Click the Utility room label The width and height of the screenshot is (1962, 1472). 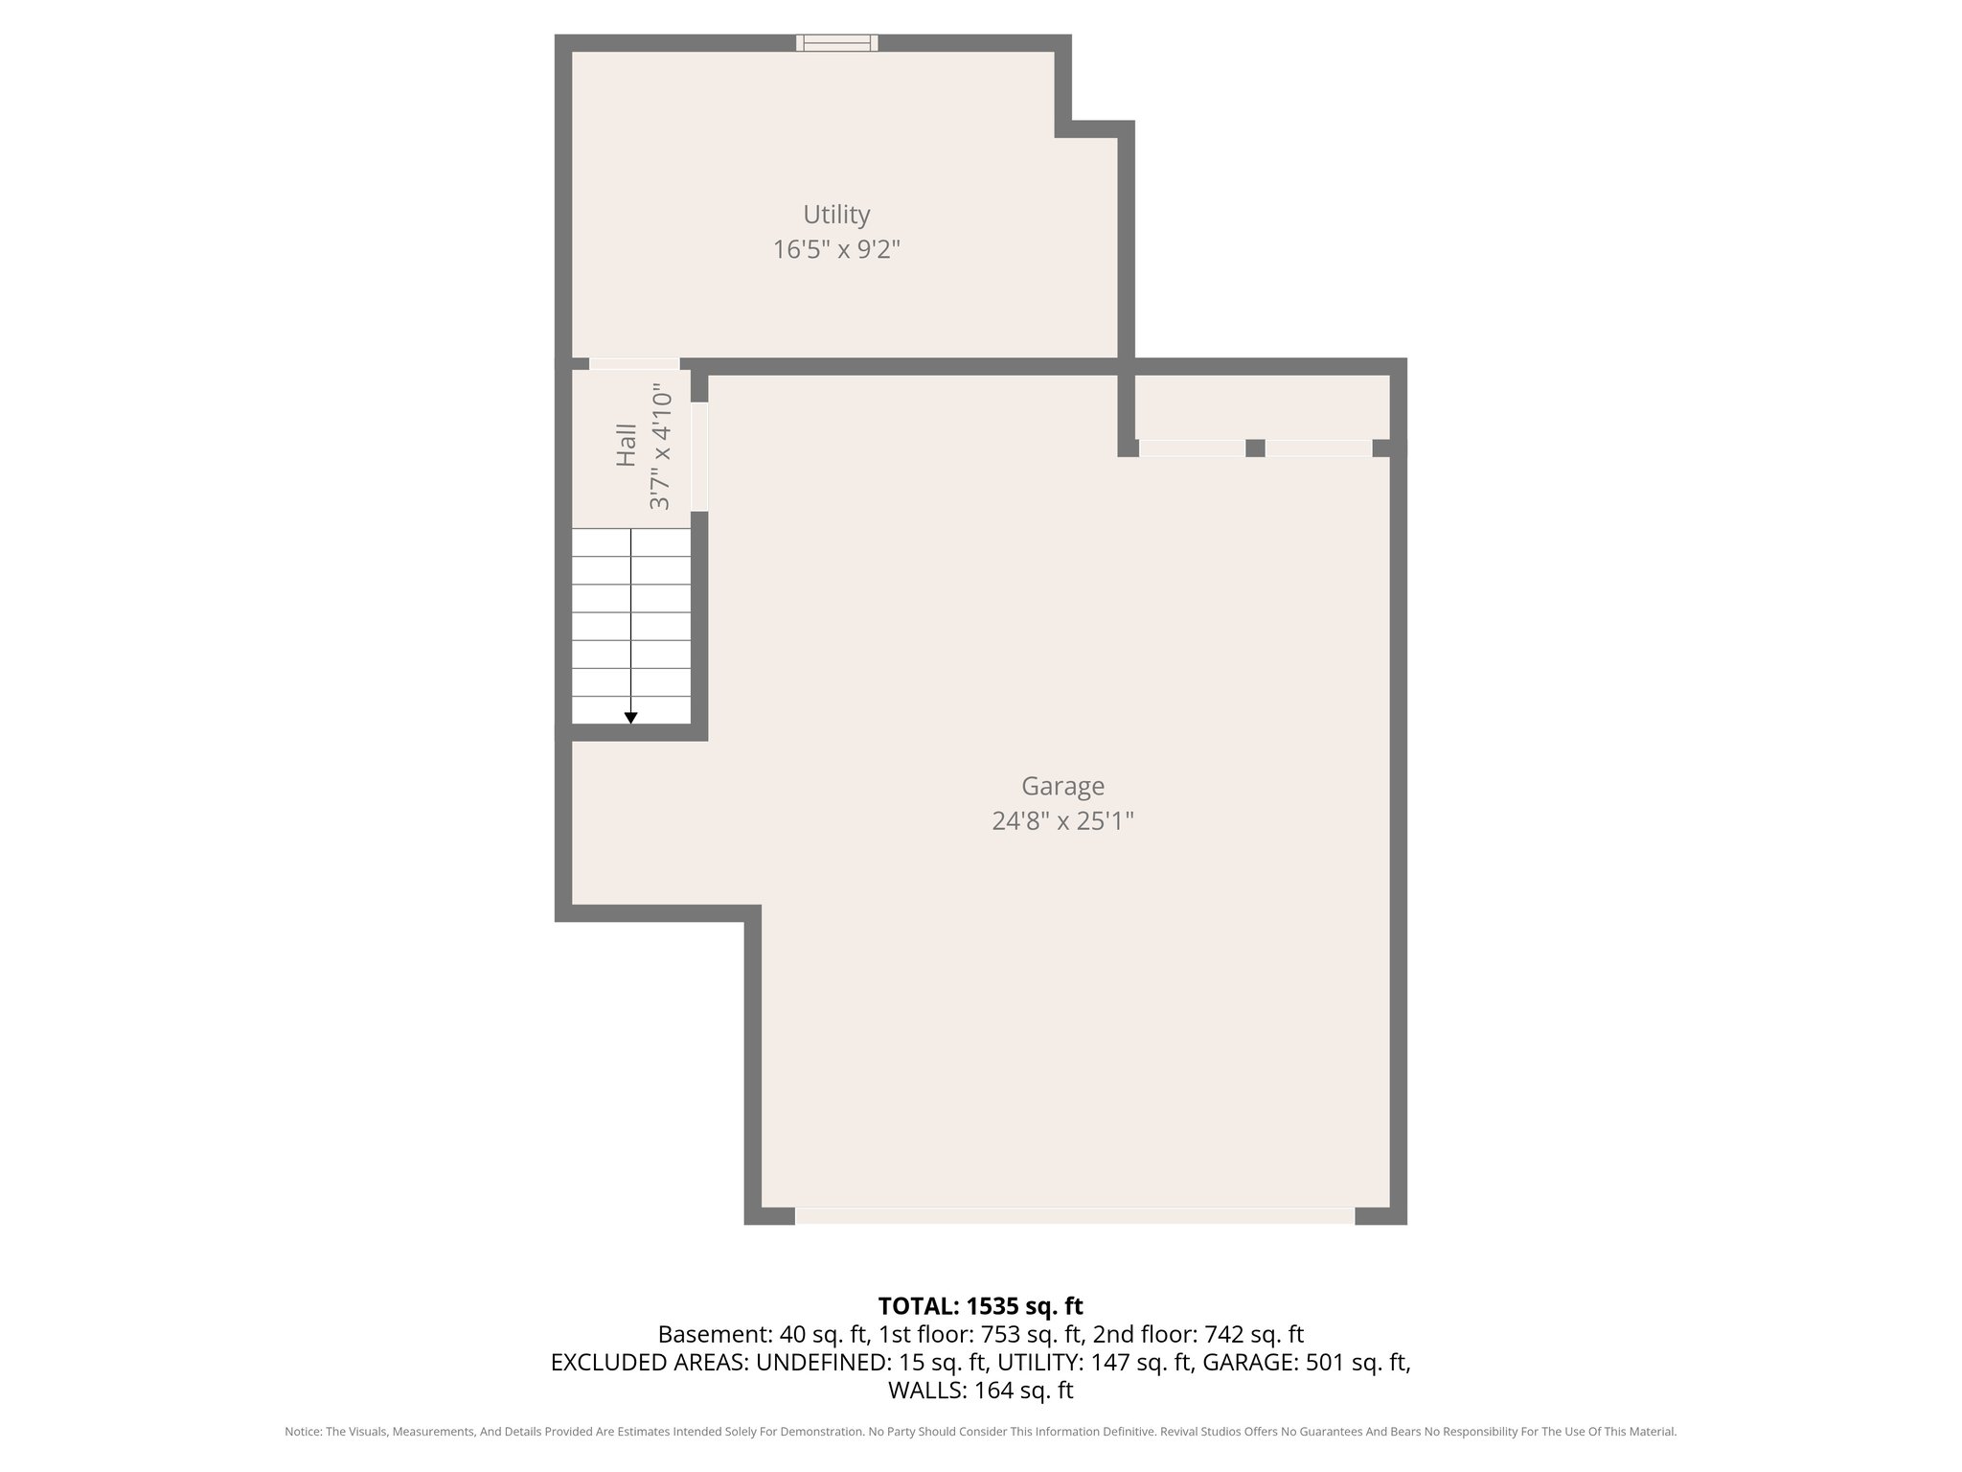tap(836, 214)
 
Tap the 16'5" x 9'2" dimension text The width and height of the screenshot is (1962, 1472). tap(836, 250)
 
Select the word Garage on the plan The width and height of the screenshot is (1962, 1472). tap(1062, 786)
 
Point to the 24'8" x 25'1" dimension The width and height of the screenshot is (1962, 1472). tap(1062, 821)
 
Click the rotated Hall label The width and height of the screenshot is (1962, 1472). tap(627, 446)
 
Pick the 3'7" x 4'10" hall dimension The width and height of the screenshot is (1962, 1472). tap(661, 447)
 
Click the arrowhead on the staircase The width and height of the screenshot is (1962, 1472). tap(630, 718)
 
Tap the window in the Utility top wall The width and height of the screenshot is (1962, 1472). tap(836, 42)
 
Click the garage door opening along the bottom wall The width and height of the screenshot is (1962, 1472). tap(1074, 1216)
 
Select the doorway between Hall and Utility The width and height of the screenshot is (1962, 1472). tap(634, 364)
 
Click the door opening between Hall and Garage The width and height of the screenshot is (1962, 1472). tap(699, 456)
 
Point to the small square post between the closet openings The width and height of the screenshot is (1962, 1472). tap(1255, 448)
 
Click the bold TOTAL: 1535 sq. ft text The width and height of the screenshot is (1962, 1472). tap(980, 1306)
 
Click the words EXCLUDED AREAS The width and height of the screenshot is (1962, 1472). tap(649, 1362)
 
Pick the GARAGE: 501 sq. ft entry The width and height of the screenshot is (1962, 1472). tap(1305, 1362)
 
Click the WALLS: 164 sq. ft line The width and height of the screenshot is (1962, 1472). tap(980, 1391)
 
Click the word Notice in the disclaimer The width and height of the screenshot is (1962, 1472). tap(303, 1432)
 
